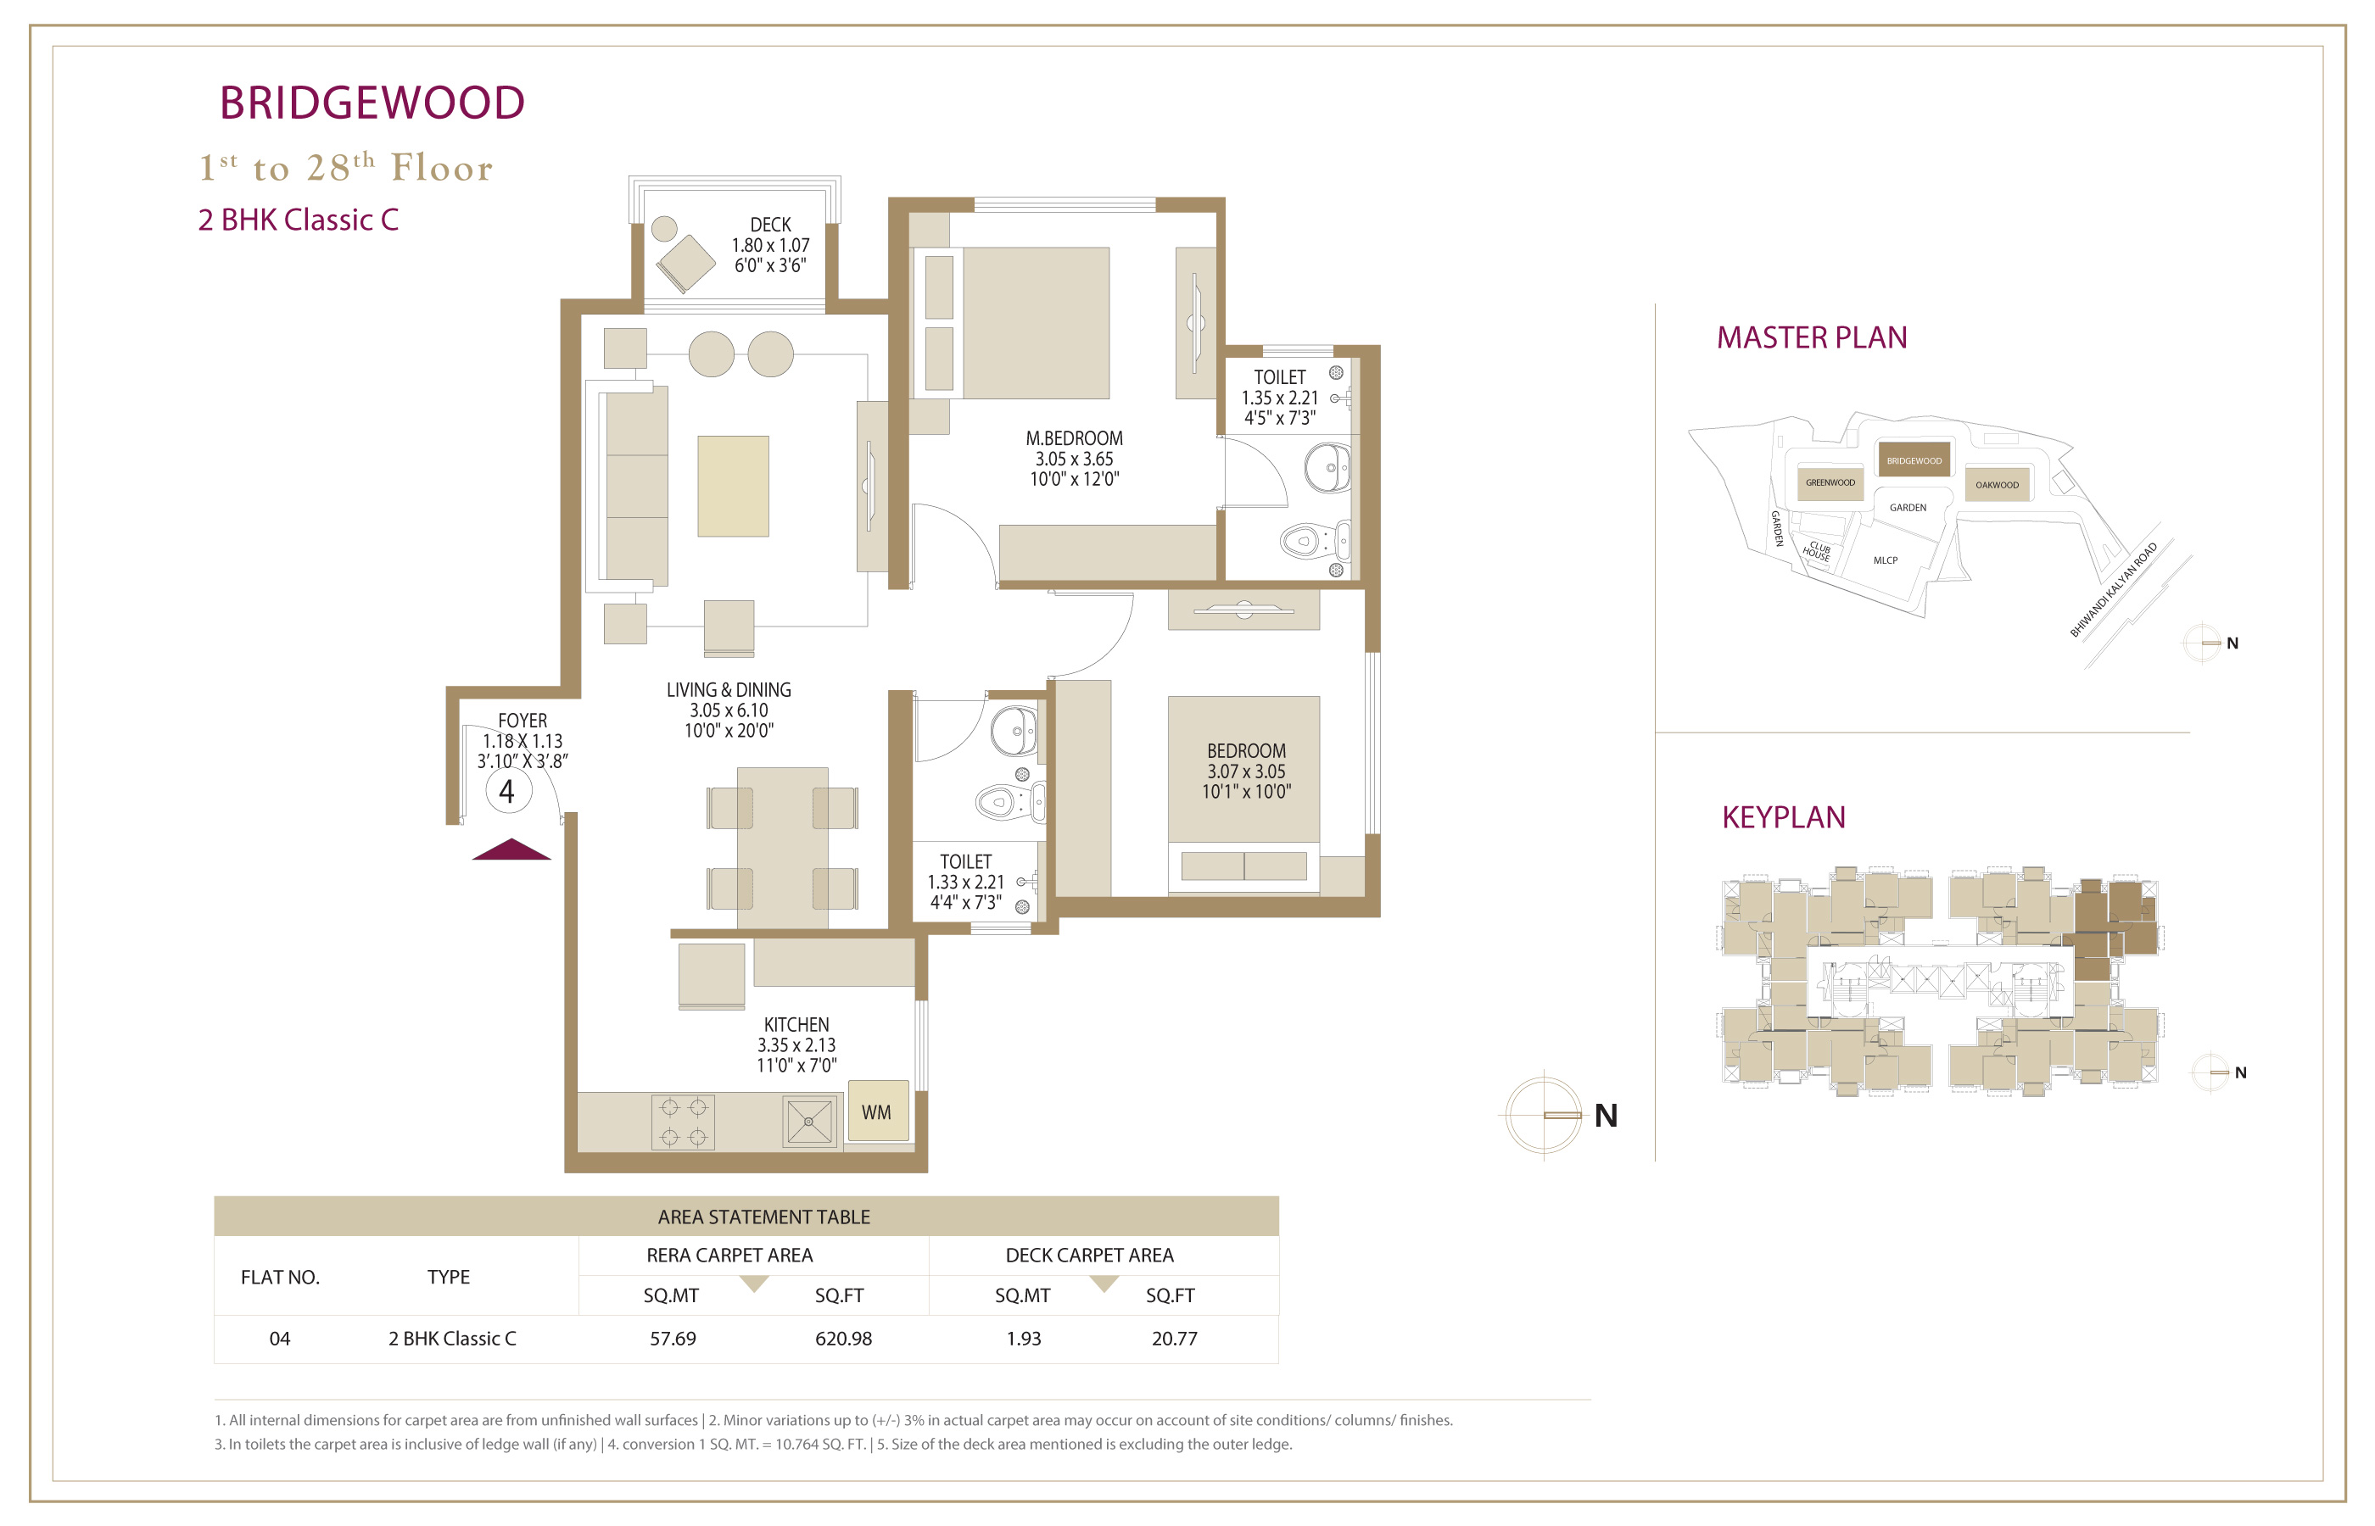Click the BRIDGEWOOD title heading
[372, 103]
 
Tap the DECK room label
[770, 225]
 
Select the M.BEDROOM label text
[1074, 438]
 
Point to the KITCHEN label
[796, 1025]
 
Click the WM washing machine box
[877, 1111]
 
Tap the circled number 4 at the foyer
[507, 791]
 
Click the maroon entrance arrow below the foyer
[511, 849]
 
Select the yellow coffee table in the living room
[733, 486]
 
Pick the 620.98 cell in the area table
[843, 1339]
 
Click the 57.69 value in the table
[673, 1339]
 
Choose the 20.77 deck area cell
[1175, 1339]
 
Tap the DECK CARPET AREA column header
[1089, 1256]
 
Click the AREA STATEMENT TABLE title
[764, 1217]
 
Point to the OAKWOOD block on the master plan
[1997, 485]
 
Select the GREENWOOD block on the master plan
[1830, 482]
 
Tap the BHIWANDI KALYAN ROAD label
[2113, 589]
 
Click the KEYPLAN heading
[1783, 817]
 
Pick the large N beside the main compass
[1606, 1116]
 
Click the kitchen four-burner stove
[683, 1122]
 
